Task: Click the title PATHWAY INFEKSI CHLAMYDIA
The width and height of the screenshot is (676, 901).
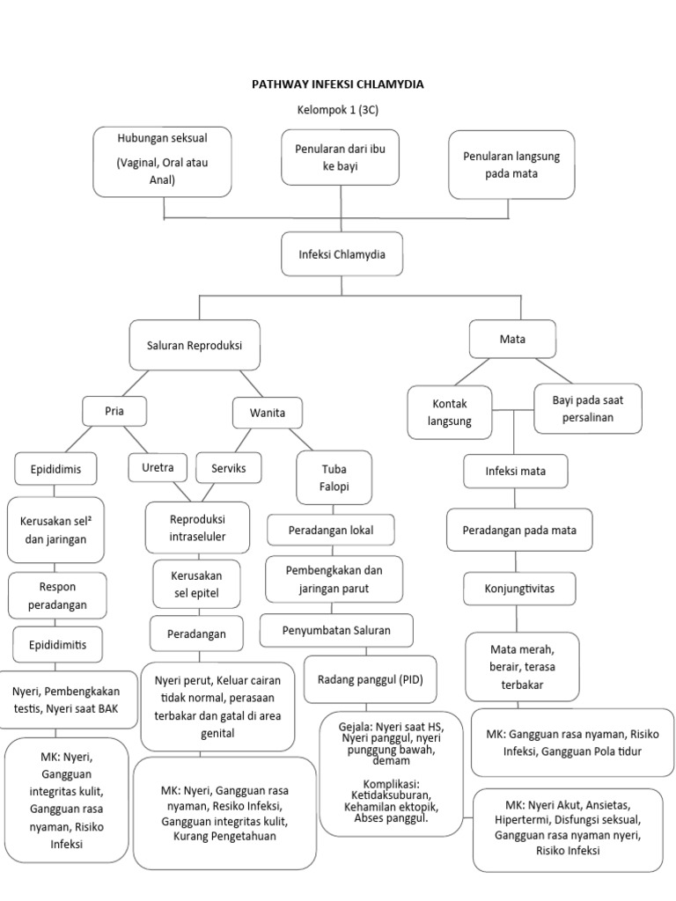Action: pos(338,84)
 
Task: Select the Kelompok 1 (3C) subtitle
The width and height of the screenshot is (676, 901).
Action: pos(338,110)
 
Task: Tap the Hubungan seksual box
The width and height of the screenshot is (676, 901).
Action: pos(162,161)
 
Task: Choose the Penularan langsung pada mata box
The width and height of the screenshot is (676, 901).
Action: pos(511,165)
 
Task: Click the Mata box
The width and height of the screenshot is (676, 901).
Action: pos(512,338)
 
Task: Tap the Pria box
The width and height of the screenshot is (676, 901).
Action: pos(114,410)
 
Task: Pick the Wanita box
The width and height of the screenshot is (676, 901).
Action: pos(268,412)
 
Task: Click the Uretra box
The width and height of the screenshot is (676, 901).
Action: pos(158,467)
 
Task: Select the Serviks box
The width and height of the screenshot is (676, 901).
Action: pos(228,468)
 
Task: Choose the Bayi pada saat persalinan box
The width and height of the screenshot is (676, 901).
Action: pos(587,408)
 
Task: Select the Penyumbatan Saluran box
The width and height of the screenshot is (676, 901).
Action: pos(335,630)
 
